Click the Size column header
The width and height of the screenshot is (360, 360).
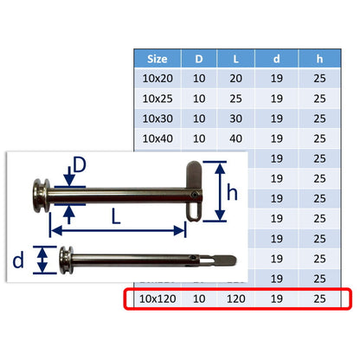tap(157, 59)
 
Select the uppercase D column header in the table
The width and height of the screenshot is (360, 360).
tap(199, 59)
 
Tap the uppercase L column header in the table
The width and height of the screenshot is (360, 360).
tap(236, 59)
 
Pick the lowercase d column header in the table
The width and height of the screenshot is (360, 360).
tap(276, 59)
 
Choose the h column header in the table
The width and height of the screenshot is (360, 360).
tap(319, 59)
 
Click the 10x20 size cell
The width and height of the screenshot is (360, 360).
tap(157, 79)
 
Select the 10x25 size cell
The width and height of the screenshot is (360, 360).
tap(157, 99)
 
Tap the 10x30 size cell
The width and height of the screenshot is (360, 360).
tap(157, 119)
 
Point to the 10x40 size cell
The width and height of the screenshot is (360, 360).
tap(157, 138)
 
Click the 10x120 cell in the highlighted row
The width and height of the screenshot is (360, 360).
tap(157, 299)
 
